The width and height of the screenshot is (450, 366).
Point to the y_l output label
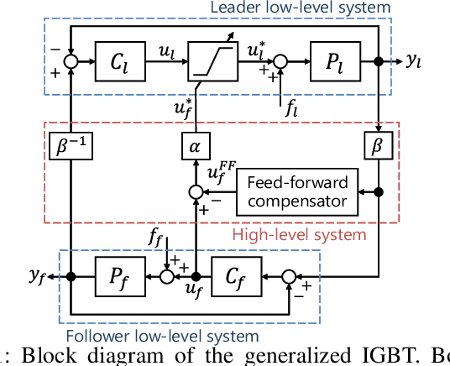[x=414, y=62]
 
